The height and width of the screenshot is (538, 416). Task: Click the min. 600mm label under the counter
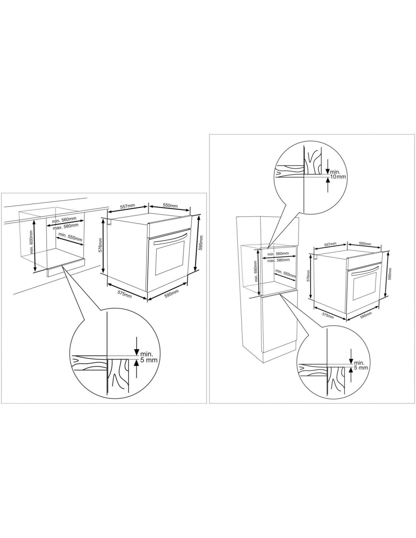(31, 242)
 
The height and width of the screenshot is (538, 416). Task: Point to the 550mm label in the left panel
(170, 205)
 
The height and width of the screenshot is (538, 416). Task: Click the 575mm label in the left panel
(124, 294)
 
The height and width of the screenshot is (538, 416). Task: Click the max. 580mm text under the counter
(65, 226)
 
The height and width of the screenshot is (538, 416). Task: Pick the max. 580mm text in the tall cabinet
(278, 260)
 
